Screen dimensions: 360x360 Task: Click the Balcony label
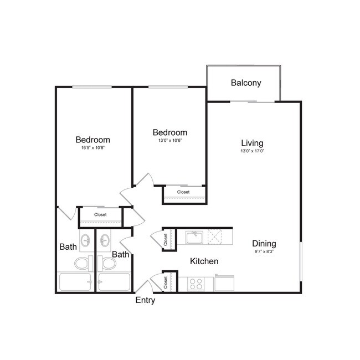246,83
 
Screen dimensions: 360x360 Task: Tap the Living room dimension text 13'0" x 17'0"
252,151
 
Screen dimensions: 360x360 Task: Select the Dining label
264,243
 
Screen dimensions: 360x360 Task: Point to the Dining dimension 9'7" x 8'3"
264,252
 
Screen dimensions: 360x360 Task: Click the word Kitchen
204,261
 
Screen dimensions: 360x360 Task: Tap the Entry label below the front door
145,301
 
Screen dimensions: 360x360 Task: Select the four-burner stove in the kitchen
196,284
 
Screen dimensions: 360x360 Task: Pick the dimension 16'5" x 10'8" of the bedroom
92,148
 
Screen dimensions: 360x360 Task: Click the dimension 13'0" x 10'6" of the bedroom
169,141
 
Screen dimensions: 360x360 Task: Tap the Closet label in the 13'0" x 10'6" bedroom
183,192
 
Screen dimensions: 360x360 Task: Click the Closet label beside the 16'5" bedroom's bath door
100,214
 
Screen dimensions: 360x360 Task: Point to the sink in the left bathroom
86,241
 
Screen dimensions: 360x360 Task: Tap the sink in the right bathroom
104,241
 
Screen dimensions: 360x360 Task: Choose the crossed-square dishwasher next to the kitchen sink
215,238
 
